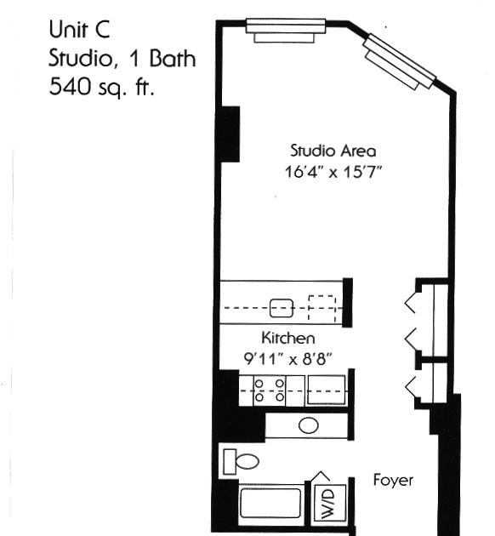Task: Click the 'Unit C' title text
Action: coord(79,29)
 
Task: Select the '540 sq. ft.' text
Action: coord(101,87)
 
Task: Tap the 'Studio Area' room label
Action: coord(333,151)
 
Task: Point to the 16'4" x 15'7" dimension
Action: coord(333,172)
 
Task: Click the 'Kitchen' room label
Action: coord(288,338)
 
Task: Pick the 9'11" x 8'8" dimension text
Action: coord(288,359)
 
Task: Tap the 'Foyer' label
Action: coord(393,481)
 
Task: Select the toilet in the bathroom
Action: coord(241,462)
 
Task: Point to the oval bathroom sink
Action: coord(309,425)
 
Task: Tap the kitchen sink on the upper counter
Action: coord(282,308)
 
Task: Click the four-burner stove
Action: coord(270,391)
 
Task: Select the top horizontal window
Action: coord(286,31)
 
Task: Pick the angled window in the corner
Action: coord(399,62)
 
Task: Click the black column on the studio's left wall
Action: coord(228,134)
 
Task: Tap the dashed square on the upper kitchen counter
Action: coord(322,309)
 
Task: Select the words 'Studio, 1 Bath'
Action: coord(122,58)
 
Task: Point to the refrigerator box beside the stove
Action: coord(327,390)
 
